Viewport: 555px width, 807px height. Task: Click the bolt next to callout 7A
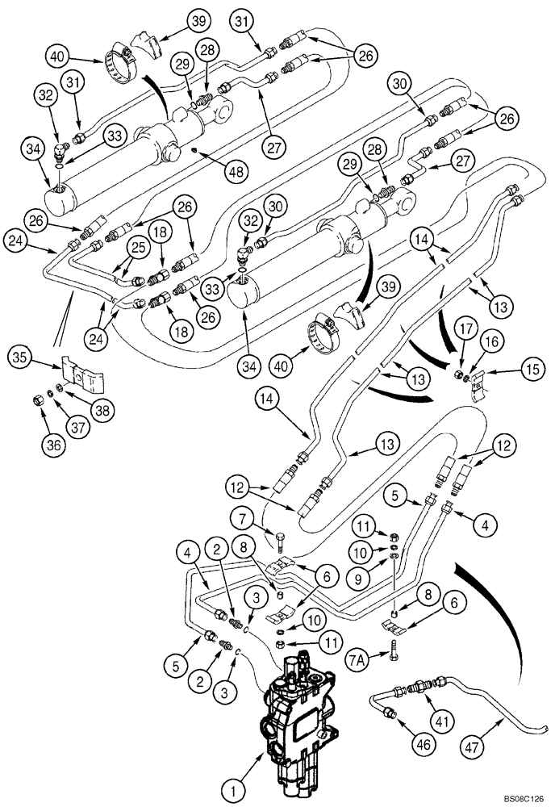391,646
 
